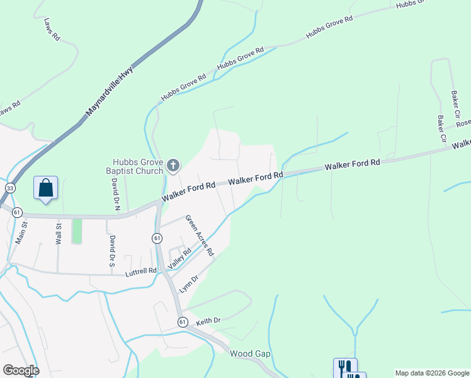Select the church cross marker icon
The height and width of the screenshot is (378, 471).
[173, 166]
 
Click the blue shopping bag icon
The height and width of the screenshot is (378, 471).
[45, 188]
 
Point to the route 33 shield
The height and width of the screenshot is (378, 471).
[9, 188]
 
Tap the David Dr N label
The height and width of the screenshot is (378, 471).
[115, 193]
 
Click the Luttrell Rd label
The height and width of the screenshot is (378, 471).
[140, 271]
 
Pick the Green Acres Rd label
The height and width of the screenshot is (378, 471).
[199, 236]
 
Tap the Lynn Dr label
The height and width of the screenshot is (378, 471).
[189, 283]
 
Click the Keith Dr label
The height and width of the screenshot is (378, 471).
[208, 321]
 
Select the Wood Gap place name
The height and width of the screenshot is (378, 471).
[250, 353]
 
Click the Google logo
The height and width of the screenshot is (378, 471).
[21, 370]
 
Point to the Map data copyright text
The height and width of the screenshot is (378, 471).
[432, 373]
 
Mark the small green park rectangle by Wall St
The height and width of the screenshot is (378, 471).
[77, 231]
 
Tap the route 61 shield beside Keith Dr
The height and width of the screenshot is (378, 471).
[183, 322]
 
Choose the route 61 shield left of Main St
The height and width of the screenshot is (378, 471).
[17, 212]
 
